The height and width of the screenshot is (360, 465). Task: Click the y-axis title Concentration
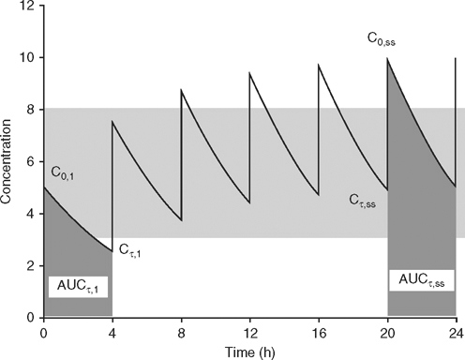[8, 159]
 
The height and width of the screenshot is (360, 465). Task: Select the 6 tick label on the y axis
[31, 162]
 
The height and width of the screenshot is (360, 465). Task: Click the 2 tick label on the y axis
[31, 266]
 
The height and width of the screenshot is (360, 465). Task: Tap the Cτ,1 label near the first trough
[130, 250]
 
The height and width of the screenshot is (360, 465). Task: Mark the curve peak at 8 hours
[182, 90]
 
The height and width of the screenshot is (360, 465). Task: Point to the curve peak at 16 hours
[319, 65]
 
